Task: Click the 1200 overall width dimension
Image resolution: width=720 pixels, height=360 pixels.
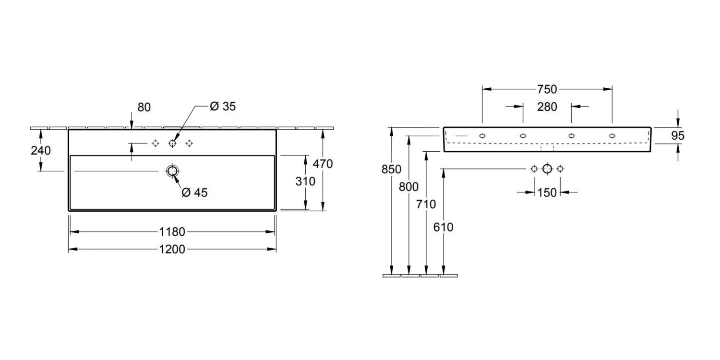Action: [x=172, y=250]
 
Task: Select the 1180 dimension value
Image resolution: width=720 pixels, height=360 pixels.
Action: [x=172, y=232]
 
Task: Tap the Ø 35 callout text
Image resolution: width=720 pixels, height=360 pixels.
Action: [x=223, y=107]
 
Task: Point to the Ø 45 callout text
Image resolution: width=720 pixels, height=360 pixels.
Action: [x=195, y=192]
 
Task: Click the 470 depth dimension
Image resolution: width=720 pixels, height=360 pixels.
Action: [x=323, y=164]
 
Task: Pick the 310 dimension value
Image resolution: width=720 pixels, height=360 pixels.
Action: [x=305, y=181]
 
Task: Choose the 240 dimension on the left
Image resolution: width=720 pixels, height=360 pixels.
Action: [x=41, y=150]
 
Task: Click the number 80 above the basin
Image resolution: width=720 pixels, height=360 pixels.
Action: [x=144, y=108]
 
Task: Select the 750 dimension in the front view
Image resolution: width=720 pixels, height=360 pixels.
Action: [x=547, y=89]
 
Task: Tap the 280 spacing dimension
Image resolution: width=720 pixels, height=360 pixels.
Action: [x=547, y=107]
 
